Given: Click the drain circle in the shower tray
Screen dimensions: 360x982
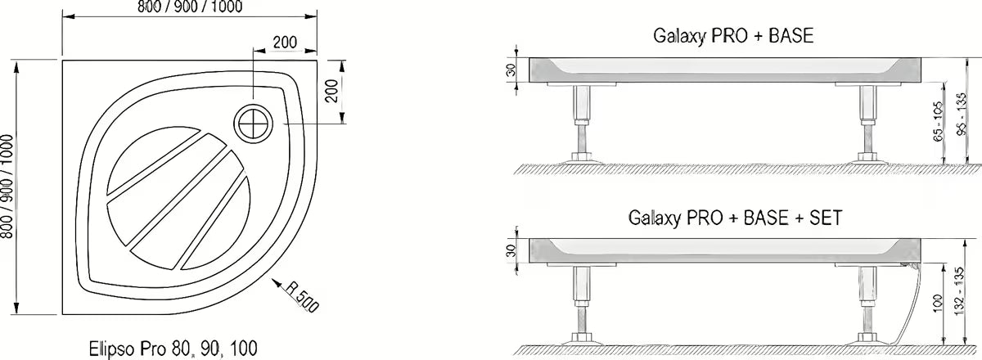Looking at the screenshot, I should coord(252,124).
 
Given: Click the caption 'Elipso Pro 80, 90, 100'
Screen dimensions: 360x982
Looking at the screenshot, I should coord(167,345).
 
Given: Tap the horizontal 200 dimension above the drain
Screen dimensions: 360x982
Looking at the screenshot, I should coord(284,42).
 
